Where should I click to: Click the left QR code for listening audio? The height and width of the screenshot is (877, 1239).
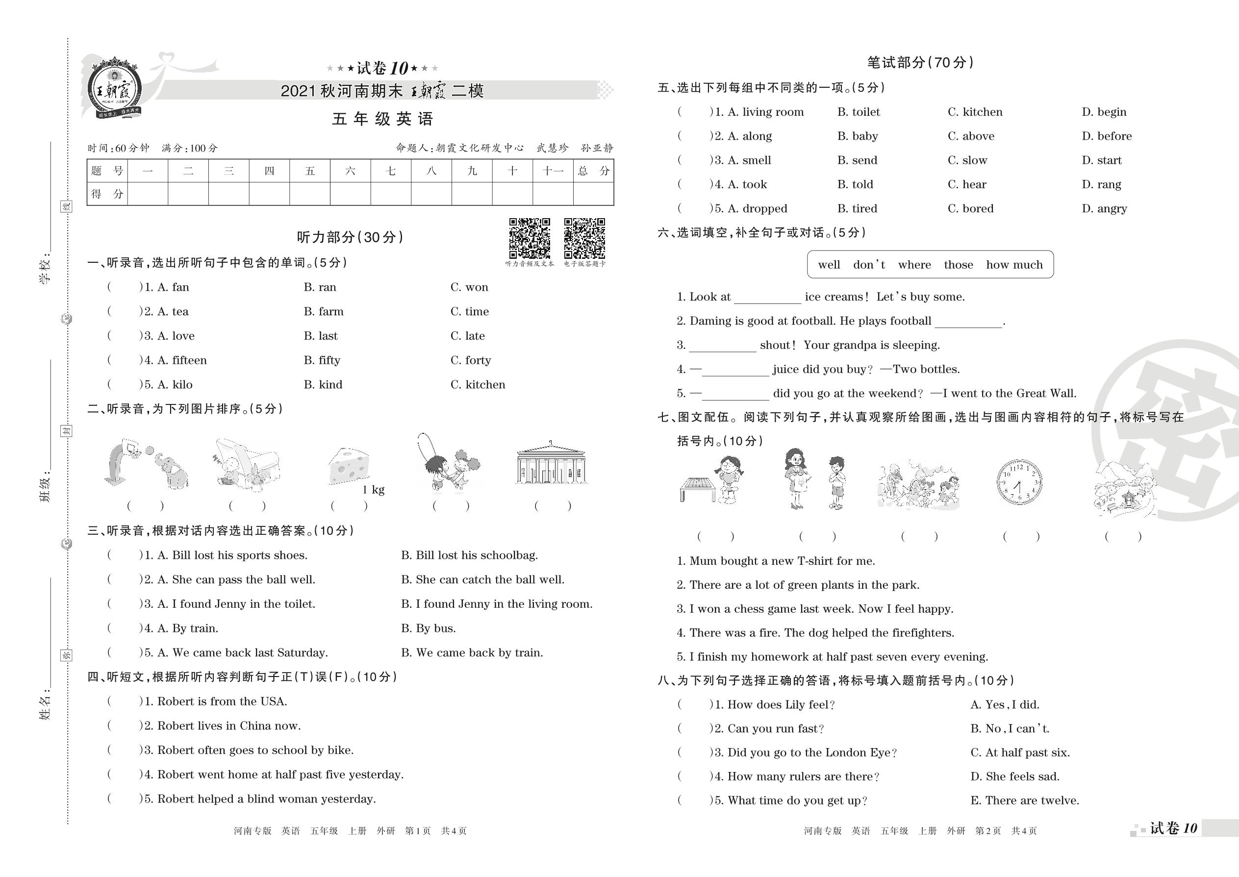(x=530, y=238)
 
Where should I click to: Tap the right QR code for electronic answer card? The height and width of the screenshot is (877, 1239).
(x=584, y=238)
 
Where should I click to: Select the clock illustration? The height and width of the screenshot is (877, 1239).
(x=1019, y=482)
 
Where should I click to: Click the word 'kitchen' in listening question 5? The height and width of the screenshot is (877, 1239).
(x=485, y=384)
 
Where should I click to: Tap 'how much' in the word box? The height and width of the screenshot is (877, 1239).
(x=1014, y=265)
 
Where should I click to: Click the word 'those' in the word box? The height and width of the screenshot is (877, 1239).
(x=958, y=265)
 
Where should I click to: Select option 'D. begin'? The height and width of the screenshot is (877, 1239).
(x=1104, y=112)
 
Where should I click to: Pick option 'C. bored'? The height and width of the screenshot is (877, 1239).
(x=971, y=208)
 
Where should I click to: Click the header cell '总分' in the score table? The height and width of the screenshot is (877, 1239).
(x=593, y=171)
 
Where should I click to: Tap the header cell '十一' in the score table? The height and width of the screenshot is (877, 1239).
(x=553, y=171)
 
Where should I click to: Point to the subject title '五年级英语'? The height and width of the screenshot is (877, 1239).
(x=382, y=119)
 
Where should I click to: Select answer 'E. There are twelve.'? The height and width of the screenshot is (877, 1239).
(x=1025, y=801)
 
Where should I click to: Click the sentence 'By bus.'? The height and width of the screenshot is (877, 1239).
(x=429, y=628)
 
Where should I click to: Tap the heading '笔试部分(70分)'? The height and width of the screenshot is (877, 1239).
(x=920, y=63)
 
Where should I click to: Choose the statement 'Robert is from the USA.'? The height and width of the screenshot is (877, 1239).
(x=222, y=702)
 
